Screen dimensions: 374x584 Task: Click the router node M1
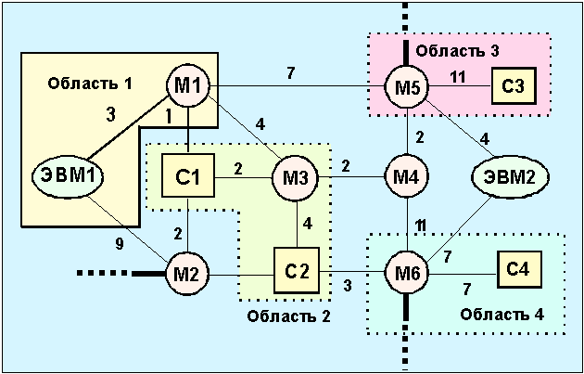189,87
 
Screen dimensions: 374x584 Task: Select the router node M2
188,274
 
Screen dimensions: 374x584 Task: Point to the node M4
408,174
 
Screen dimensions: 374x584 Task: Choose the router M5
409,89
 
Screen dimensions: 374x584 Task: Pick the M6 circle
409,274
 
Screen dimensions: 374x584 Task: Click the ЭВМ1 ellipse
71,174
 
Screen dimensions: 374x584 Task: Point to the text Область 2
287,316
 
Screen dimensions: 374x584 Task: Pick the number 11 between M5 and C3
456,78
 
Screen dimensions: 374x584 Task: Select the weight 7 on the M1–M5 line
290,72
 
